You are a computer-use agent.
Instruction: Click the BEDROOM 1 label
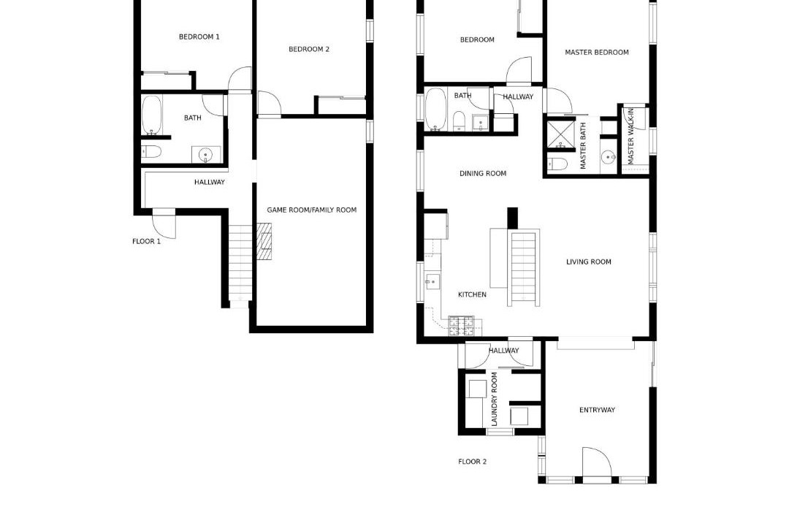199,37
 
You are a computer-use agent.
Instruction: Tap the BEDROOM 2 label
309,50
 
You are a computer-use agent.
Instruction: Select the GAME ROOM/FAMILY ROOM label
311,210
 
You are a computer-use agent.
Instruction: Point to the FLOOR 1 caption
146,242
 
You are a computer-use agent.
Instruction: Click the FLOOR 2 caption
473,462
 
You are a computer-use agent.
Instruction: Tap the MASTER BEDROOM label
597,53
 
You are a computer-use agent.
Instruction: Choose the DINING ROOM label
483,174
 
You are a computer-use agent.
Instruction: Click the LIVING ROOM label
589,262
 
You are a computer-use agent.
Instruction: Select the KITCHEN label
473,295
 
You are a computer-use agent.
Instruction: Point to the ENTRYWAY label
598,411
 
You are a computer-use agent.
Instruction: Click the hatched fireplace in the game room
264,242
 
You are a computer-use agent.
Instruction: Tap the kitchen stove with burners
462,326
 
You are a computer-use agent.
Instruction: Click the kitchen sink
432,282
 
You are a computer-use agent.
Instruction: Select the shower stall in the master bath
560,134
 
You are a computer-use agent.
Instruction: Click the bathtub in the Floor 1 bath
151,115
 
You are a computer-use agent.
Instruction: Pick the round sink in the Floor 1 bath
205,155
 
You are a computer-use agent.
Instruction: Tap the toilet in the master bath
557,163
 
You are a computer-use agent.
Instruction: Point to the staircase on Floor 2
523,269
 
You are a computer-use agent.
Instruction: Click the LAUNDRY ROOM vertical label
494,399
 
